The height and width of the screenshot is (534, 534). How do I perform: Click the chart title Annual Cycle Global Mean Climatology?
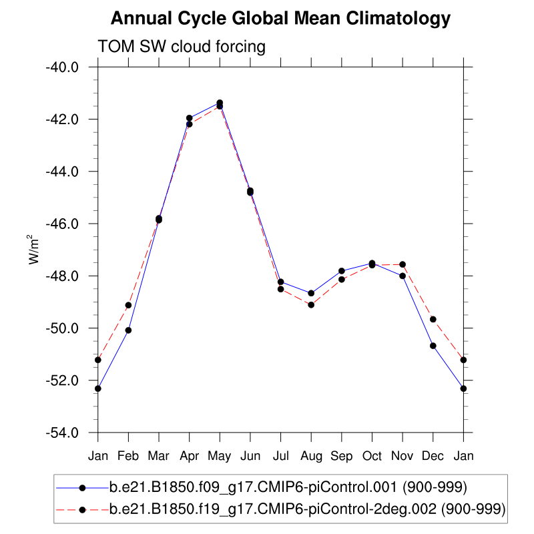(280, 19)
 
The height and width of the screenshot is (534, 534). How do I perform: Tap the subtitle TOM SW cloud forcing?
(182, 47)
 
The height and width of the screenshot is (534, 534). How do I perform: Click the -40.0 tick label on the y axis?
(61, 67)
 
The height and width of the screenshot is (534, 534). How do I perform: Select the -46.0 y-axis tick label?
(61, 224)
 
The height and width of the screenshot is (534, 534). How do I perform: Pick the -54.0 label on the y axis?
(61, 433)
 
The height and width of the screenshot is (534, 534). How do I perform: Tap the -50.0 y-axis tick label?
(61, 328)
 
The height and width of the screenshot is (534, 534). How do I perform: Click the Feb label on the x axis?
(128, 456)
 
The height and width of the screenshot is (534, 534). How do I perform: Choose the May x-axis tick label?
(220, 456)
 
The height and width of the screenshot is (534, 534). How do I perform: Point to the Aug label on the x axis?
(311, 456)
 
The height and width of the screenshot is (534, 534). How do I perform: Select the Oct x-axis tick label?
(372, 456)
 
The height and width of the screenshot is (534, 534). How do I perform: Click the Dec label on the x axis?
(433, 456)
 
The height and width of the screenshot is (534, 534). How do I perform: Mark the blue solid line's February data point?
(128, 330)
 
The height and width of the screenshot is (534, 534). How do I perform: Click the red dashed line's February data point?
(128, 305)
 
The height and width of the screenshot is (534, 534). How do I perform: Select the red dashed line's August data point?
(311, 304)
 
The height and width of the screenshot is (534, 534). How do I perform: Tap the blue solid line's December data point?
(433, 346)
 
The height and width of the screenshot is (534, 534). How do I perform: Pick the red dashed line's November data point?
(403, 265)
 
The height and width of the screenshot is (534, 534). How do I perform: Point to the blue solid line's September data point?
(342, 271)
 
